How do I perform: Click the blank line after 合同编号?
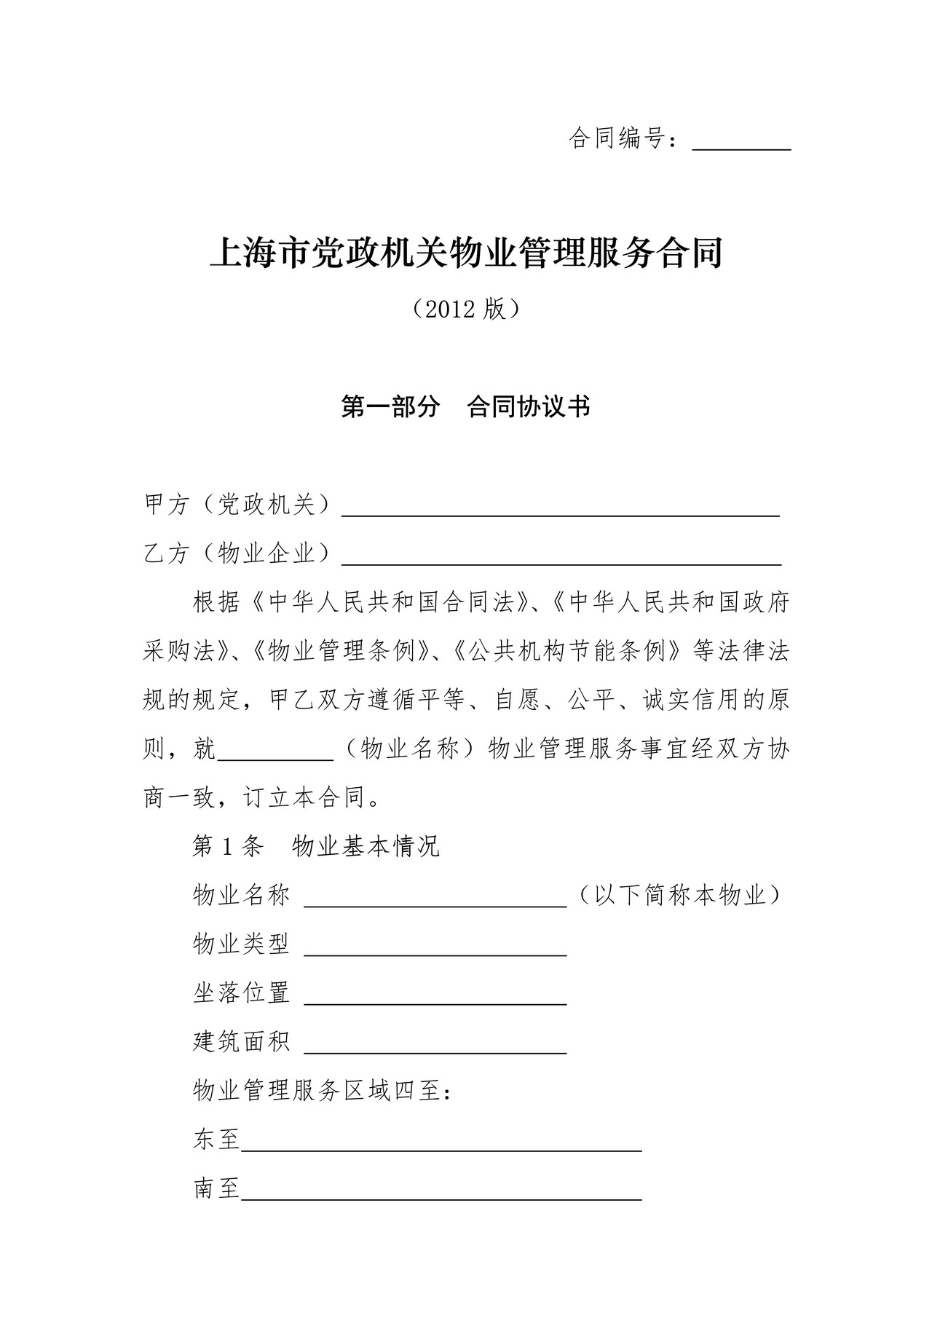click(x=741, y=143)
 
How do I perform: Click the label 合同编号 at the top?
click(x=617, y=138)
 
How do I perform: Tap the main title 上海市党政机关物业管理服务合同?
click(x=466, y=253)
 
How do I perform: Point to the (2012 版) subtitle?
click(x=466, y=309)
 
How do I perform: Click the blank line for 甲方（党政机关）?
click(x=561, y=510)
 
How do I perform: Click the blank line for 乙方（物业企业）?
click(x=561, y=559)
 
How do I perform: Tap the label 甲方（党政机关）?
click(x=240, y=505)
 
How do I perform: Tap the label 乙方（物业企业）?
click(x=240, y=553)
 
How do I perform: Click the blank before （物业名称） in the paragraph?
click(x=275, y=754)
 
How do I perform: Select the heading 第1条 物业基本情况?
click(x=316, y=846)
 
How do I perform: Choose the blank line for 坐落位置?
click(x=435, y=998)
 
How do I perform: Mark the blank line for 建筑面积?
click(x=435, y=1047)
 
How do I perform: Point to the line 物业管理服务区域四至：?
click(x=323, y=1090)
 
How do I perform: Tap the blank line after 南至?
click(x=441, y=1193)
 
